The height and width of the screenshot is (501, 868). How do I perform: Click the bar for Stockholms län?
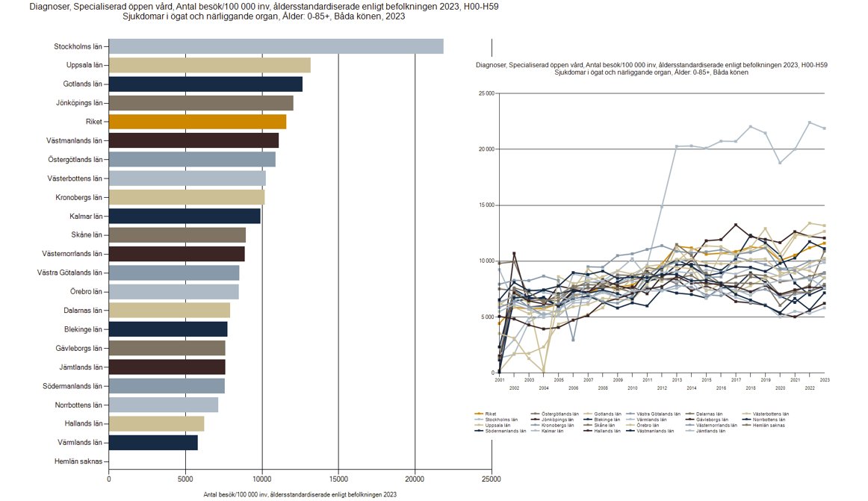pyautogui.click(x=276, y=46)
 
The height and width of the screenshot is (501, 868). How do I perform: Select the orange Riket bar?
pyautogui.click(x=197, y=122)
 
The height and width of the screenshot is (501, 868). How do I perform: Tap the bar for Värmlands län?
pyautogui.click(x=153, y=443)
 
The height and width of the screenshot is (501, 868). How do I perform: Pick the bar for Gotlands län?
pyautogui.click(x=205, y=84)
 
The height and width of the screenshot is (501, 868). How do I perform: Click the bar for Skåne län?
pyautogui.click(x=177, y=235)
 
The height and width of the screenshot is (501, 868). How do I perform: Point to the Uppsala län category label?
pyautogui.click(x=82, y=65)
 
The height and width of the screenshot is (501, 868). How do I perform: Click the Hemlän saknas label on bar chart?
pyautogui.click(x=78, y=461)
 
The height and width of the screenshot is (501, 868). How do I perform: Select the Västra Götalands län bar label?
pyautogui.click(x=70, y=273)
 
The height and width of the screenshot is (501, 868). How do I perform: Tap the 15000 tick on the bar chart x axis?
pyautogui.click(x=338, y=479)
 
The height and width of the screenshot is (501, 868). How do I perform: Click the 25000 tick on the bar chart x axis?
pyautogui.click(x=492, y=479)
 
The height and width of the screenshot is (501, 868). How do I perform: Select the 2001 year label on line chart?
pyautogui.click(x=499, y=380)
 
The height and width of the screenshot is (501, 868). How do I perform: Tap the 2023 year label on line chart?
pyautogui.click(x=824, y=380)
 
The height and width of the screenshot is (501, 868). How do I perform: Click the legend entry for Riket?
pyautogui.click(x=490, y=414)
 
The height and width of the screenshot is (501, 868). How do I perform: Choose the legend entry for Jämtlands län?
pyautogui.click(x=711, y=432)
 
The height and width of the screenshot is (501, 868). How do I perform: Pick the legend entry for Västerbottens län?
pyautogui.click(x=770, y=414)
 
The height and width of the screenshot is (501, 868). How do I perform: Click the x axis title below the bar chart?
pyautogui.click(x=300, y=494)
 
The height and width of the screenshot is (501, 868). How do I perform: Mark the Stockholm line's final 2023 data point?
pyautogui.click(x=824, y=128)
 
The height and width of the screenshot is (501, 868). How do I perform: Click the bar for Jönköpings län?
pyautogui.click(x=201, y=103)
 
